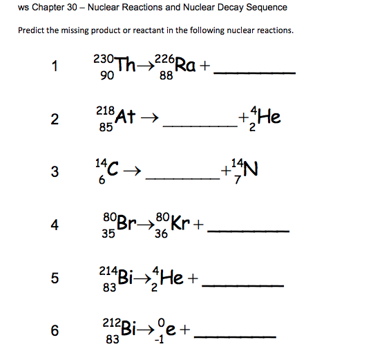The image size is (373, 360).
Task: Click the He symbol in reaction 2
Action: coord(270,118)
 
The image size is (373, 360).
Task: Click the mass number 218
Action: coord(105,111)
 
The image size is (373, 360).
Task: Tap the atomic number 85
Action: coord(106,127)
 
